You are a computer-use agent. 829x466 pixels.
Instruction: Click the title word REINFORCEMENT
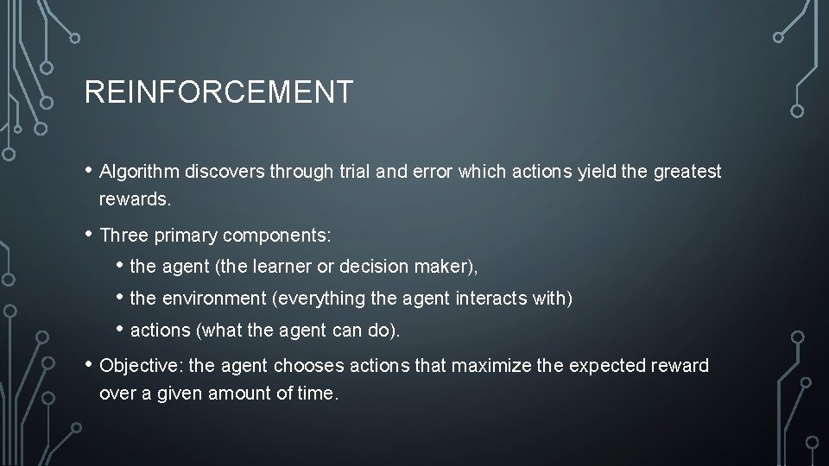[x=218, y=91]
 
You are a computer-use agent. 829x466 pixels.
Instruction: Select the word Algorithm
[x=139, y=172]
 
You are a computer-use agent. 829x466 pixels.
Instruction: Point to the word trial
[x=354, y=172]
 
